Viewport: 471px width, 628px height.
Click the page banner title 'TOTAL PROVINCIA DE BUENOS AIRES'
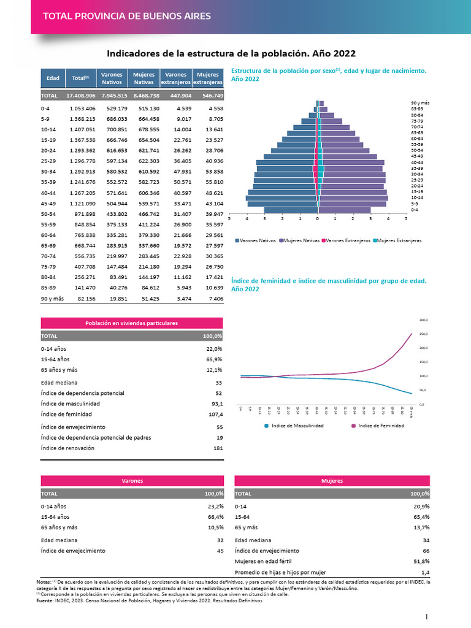[126, 16]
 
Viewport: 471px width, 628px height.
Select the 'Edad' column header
[53, 78]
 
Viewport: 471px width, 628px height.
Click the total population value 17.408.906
[81, 96]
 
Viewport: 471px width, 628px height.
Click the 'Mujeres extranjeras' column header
[208, 78]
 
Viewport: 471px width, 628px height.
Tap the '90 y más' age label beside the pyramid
[420, 102]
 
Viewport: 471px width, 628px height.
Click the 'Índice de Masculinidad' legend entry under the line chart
[294, 426]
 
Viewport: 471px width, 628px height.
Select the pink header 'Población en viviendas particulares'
[132, 323]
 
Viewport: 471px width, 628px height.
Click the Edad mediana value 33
[219, 382]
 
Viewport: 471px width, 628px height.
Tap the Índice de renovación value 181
[217, 448]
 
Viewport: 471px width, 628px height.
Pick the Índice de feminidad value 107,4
[215, 415]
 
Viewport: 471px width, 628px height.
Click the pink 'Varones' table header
[132, 481]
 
